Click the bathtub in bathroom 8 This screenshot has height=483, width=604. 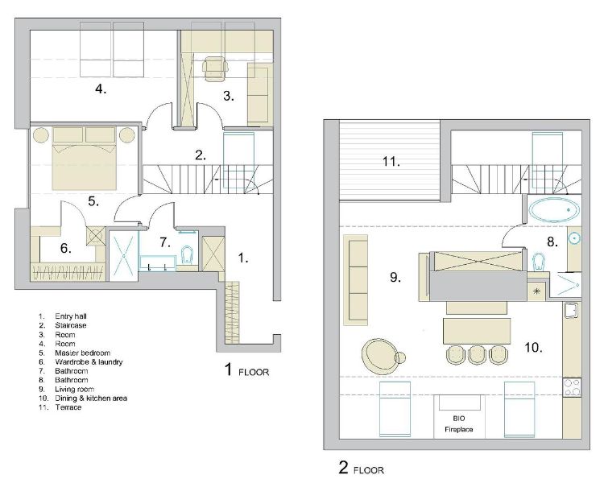554,210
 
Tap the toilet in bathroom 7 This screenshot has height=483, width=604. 187,254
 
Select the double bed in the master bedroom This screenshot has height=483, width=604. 85,159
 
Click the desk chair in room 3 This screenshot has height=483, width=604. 214,69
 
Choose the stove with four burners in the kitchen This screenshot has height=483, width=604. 572,387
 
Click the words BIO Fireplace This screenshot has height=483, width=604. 459,423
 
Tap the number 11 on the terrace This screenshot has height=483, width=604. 391,161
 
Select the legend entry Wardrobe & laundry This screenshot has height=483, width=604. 89,362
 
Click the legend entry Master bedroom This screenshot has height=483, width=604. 82,353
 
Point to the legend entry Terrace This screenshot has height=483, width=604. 68,407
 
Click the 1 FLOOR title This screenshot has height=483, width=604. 246,369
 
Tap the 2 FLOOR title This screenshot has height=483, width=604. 361,468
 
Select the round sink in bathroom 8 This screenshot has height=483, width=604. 574,239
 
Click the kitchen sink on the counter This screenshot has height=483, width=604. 572,311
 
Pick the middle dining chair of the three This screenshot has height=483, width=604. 477,355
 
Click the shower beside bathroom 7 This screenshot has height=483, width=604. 124,255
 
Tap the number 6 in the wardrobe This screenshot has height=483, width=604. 65,249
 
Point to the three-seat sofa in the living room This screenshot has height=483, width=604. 355,280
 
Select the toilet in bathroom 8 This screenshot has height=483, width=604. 538,262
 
